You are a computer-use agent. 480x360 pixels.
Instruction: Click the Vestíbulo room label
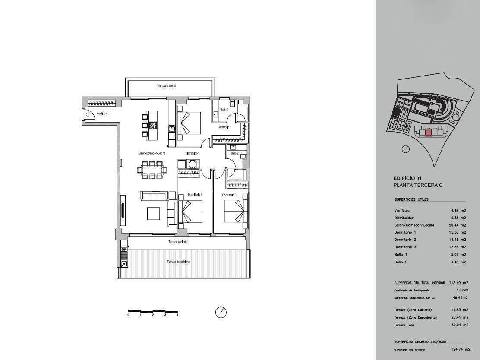(102, 114)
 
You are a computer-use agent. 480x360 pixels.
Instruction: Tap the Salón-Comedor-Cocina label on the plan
(152, 153)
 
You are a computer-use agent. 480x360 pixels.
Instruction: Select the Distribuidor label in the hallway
(192, 153)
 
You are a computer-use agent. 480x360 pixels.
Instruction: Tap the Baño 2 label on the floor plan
(234, 153)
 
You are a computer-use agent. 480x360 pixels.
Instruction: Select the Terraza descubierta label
(179, 262)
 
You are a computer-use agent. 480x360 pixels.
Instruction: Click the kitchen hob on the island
(153, 126)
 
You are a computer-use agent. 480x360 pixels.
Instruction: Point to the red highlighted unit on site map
(428, 133)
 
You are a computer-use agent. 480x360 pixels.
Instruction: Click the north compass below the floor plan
(221, 312)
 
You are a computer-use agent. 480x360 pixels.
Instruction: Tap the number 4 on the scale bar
(177, 315)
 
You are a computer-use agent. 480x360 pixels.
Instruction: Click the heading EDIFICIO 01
(408, 178)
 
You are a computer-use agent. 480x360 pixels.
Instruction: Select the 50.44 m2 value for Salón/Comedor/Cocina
(458, 225)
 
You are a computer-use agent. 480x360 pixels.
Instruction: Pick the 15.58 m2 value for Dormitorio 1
(458, 233)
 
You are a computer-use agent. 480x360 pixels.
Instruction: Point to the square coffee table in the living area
(154, 214)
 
